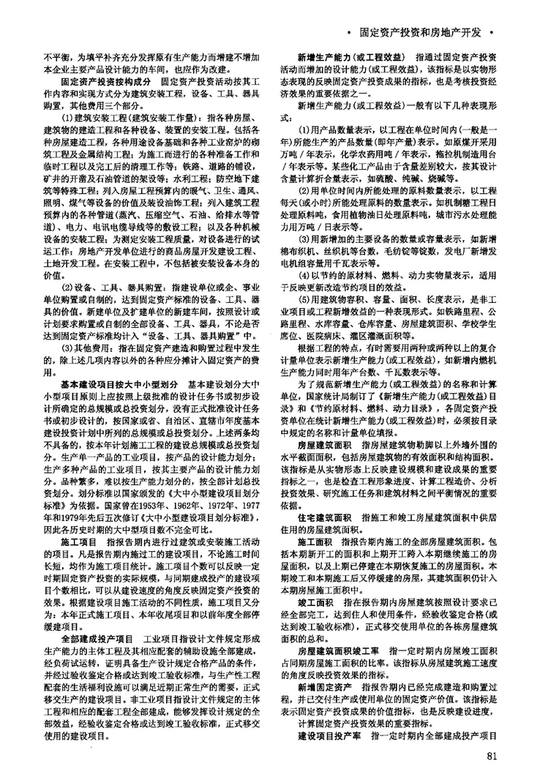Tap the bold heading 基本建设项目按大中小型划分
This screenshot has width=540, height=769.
pyautogui.click(x=120, y=383)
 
